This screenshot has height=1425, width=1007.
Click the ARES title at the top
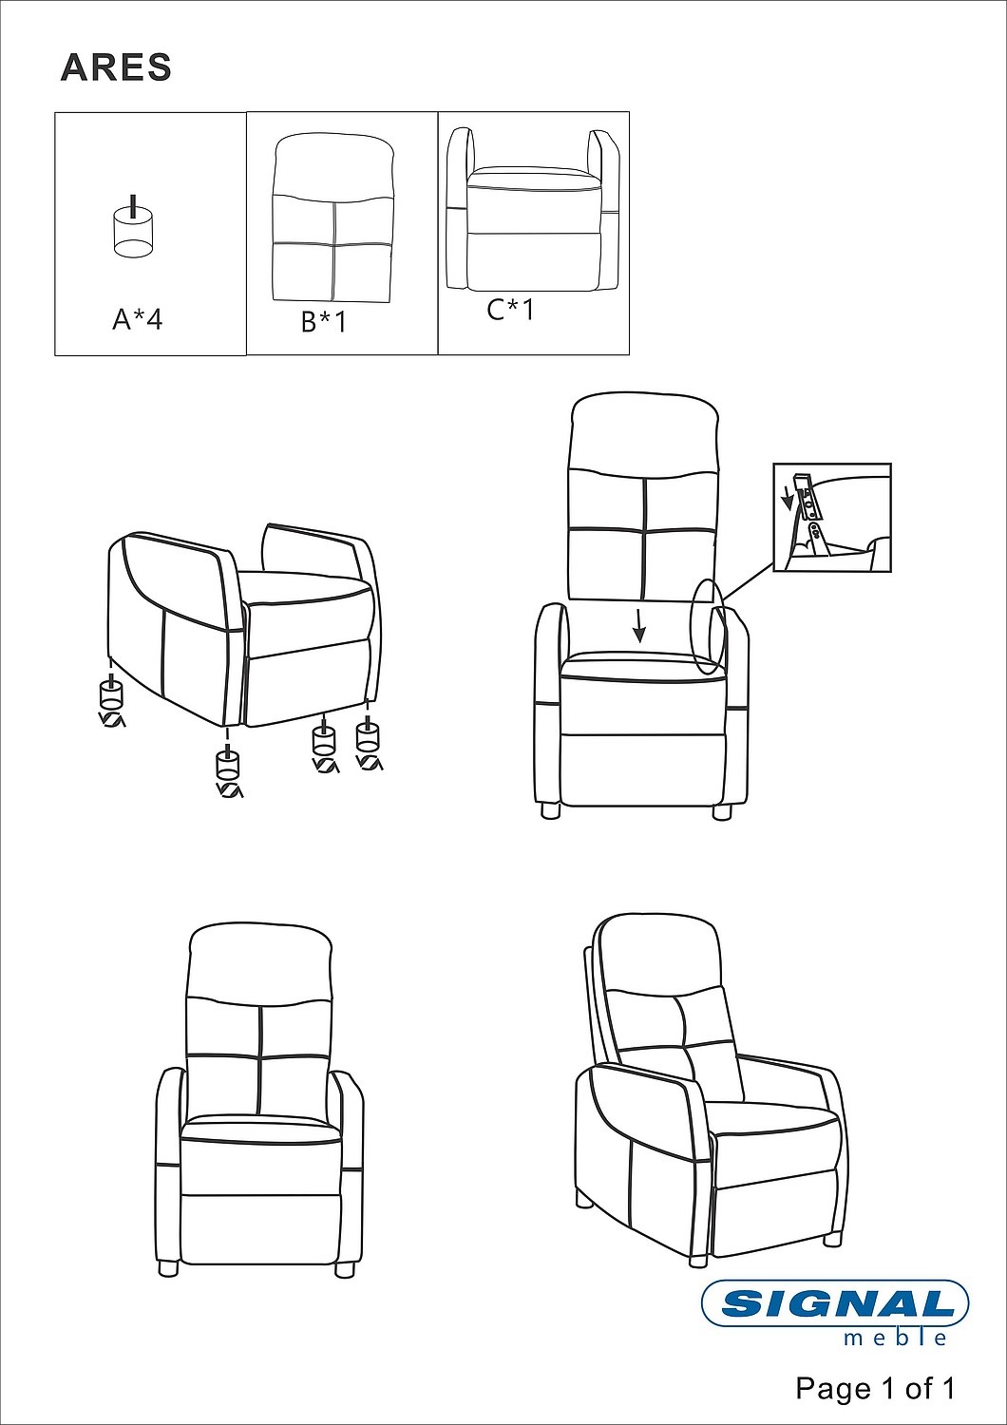point(116,67)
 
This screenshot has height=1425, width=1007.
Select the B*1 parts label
point(325,322)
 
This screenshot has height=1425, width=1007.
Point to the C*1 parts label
point(511,310)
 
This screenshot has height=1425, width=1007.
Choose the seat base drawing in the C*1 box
point(533,209)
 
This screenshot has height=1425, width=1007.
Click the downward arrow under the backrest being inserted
point(639,626)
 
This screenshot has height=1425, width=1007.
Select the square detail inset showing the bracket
point(832,517)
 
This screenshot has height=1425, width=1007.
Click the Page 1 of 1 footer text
point(875,1388)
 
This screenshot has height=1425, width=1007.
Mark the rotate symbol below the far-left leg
point(112,719)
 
